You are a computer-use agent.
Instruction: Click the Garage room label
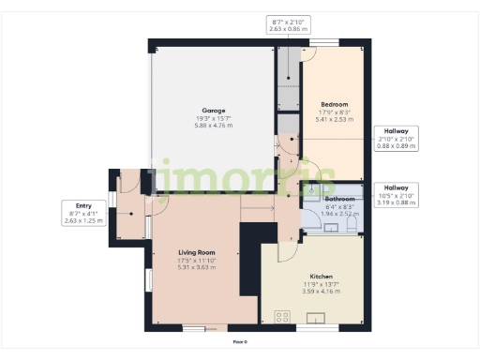[209, 110]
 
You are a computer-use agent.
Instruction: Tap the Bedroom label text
[335, 104]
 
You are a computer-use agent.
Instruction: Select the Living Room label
[197, 252]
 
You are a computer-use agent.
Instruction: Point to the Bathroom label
[339, 200]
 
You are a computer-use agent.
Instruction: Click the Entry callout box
[77, 212]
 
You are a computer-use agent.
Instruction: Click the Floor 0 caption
[240, 341]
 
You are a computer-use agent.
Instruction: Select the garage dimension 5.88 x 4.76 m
[209, 126]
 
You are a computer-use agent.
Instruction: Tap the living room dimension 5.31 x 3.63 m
[197, 267]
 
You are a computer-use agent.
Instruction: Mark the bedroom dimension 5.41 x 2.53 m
[335, 119]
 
